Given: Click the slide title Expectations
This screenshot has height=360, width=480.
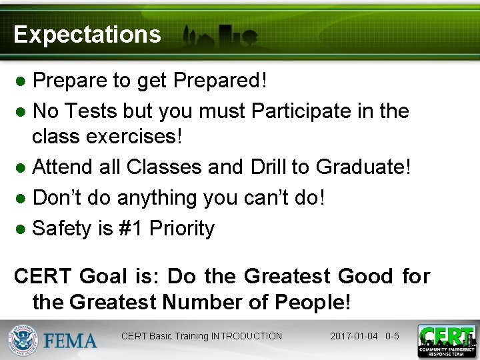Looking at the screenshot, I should coord(87,34).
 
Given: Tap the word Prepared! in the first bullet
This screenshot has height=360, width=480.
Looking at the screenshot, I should coord(220,81).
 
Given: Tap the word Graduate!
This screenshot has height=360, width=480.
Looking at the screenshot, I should coord(363,167).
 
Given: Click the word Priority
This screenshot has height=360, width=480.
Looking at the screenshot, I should coord(182,229).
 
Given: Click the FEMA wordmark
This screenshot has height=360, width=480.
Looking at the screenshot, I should coord(70,341).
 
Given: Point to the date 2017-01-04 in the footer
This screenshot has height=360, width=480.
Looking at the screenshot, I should coord(355,336).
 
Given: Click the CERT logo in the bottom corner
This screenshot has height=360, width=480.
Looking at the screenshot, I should coord(446,340).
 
